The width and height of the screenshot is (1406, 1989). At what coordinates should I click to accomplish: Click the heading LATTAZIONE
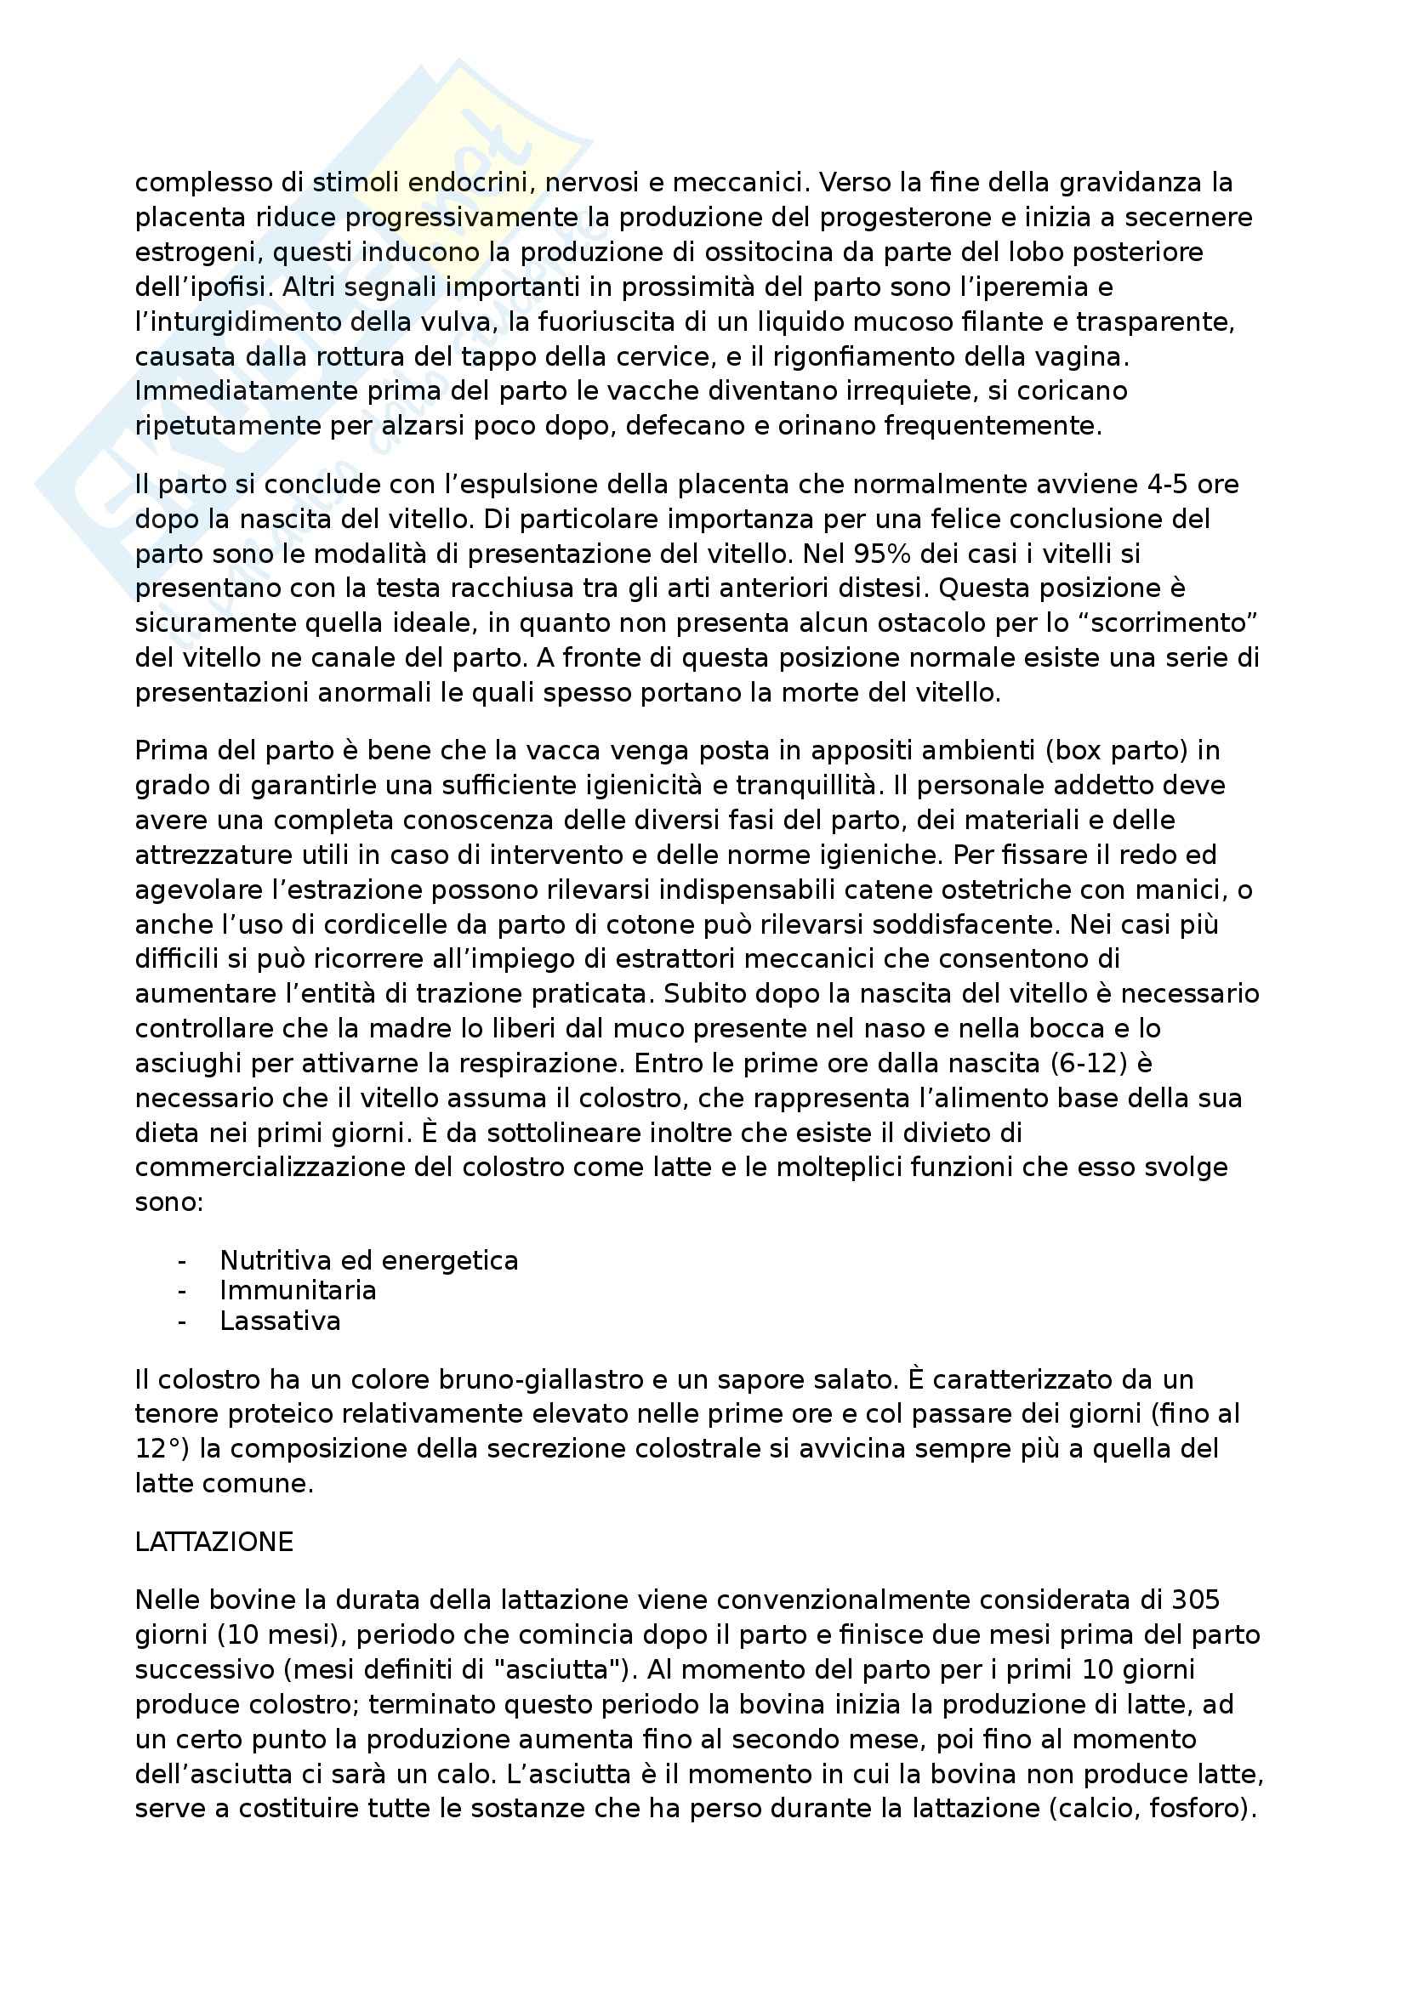click(x=214, y=1542)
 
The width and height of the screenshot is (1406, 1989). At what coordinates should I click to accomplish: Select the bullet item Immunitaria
click(x=297, y=1290)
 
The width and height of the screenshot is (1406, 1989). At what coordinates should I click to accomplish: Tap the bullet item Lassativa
click(x=280, y=1321)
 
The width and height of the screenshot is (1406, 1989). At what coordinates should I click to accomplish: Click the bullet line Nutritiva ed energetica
click(x=368, y=1259)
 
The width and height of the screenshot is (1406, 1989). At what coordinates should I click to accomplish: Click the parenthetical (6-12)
click(x=1092, y=1063)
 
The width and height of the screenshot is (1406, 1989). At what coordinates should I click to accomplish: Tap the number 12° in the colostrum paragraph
click(x=161, y=1448)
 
